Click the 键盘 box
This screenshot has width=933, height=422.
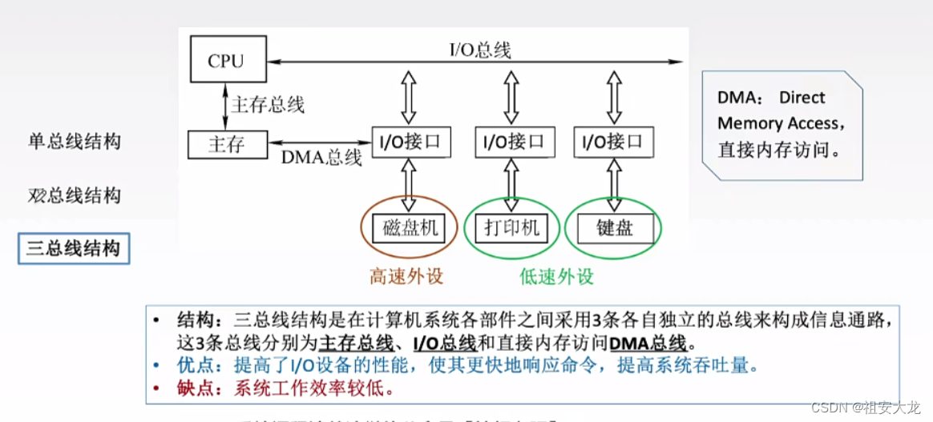coord(615,228)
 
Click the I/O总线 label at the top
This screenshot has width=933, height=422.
coord(479,50)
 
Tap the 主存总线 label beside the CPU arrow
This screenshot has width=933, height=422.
coord(268,104)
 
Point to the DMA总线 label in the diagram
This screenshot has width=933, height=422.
coord(321,158)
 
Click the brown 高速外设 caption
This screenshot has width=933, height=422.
coord(406,277)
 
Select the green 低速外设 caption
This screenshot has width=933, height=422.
coord(556,277)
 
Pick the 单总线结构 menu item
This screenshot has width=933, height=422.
coord(74,142)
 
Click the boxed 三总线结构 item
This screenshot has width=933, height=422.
coord(74,248)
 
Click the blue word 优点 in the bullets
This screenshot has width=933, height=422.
coord(194,366)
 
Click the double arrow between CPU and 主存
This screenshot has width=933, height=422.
coord(225,103)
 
